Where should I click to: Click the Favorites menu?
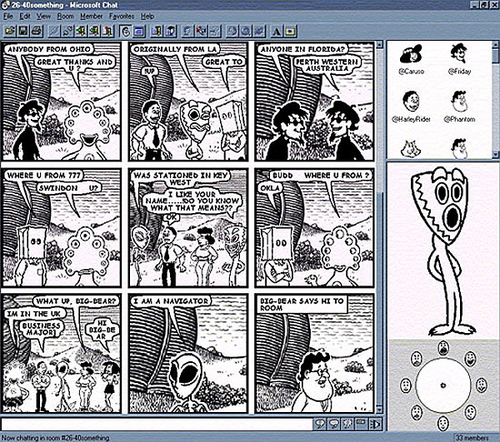click(x=121, y=16)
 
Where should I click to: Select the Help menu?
click(x=147, y=16)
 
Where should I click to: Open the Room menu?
click(x=65, y=16)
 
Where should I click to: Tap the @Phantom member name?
click(x=458, y=119)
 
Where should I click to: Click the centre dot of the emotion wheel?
click(x=442, y=383)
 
